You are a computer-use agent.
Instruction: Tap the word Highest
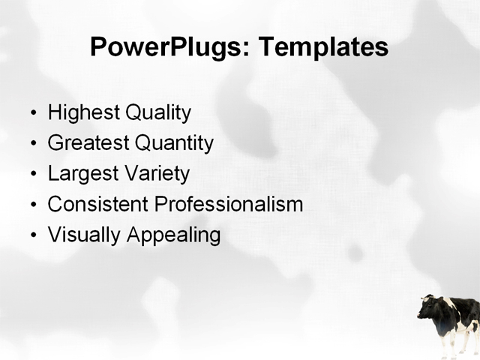(x=83, y=113)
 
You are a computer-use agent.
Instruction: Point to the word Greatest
(x=88, y=143)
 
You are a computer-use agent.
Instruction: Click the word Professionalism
(x=228, y=204)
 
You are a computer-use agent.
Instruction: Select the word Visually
(x=84, y=235)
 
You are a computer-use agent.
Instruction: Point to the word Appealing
(x=173, y=235)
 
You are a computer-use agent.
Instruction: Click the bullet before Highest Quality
(x=32, y=114)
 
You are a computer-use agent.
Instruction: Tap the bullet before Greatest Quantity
(x=32, y=144)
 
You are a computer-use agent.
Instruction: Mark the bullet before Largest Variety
(x=32, y=175)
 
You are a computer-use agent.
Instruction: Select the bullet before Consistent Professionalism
(x=32, y=205)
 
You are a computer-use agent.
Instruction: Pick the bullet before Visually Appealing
(x=32, y=235)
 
